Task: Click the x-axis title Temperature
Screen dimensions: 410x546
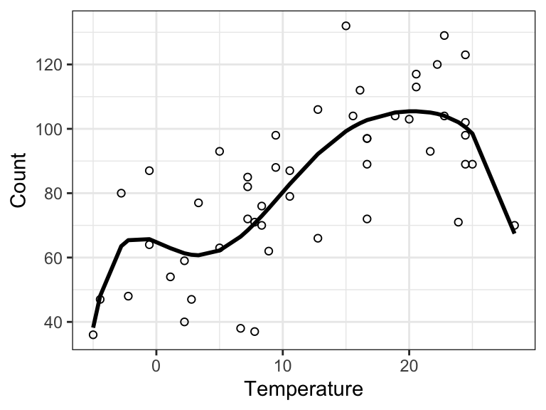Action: pos(303,389)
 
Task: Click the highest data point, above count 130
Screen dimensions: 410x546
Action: pos(346,26)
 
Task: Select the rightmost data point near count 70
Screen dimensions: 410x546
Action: pos(514,226)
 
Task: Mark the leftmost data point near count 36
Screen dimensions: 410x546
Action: pos(93,335)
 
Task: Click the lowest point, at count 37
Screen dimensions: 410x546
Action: pos(255,332)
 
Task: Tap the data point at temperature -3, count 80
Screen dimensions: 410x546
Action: pos(121,193)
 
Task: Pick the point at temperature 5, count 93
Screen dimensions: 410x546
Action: pos(220,151)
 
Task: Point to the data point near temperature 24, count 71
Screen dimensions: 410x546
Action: pos(459,222)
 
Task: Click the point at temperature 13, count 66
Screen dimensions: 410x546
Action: pos(318,238)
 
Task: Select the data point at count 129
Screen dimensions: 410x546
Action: pos(444,36)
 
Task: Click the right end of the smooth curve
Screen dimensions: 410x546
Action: pos(514,232)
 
